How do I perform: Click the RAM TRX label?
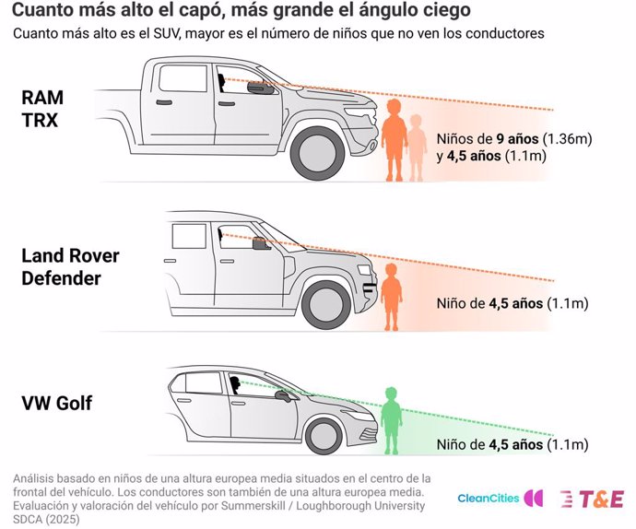coord(42,109)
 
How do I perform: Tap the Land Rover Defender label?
coord(70,267)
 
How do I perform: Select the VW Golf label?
coord(57,403)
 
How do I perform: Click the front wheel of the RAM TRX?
coord(318,153)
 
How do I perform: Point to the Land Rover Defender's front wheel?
coord(326,305)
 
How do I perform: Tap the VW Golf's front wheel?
coord(324,436)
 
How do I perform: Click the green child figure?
coord(391,420)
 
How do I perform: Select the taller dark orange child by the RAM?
coord(394,140)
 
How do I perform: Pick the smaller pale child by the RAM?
coord(416,147)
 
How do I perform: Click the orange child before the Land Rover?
coord(391,297)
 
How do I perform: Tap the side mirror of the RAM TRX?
coord(261,88)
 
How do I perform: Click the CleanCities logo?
coord(501,498)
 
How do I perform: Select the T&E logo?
coord(592,499)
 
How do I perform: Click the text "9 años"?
coord(518,139)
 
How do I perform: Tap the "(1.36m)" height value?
coord(567,139)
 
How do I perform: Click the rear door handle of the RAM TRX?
coord(163,101)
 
